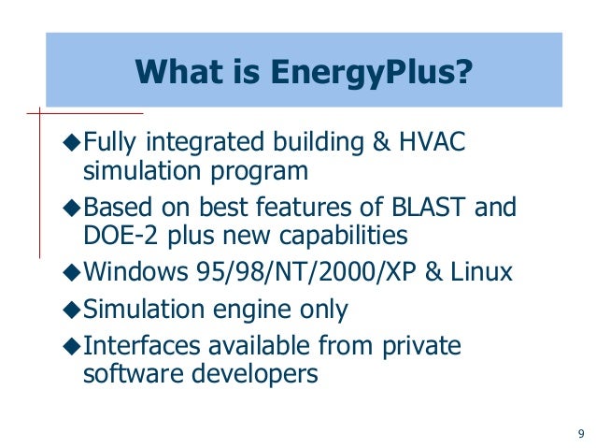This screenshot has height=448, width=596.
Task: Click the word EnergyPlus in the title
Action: click(377, 72)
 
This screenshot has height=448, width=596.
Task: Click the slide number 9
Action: click(581, 433)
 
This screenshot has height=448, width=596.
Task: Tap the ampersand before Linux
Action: click(413, 272)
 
